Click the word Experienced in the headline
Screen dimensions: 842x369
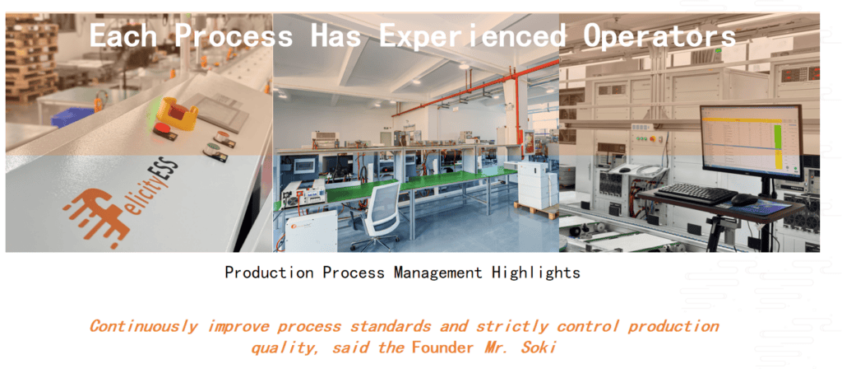(473, 35)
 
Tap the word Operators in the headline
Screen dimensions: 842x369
(659, 35)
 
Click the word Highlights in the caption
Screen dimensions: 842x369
(535, 273)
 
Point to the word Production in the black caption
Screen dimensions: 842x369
(269, 273)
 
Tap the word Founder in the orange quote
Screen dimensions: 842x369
(443, 348)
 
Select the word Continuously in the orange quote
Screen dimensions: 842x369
(143, 326)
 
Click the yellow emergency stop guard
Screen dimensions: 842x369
(177, 111)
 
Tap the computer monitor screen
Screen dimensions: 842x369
(751, 142)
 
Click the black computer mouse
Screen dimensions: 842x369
(743, 199)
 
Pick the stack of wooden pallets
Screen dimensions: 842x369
(31, 58)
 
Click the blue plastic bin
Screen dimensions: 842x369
(72, 117)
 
